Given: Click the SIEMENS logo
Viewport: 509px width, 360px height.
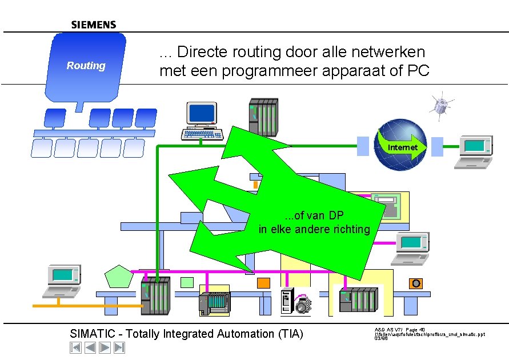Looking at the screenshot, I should (94, 25).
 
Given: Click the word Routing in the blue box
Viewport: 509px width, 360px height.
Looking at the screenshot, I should (86, 66).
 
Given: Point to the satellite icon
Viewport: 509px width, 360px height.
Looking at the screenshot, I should (442, 105).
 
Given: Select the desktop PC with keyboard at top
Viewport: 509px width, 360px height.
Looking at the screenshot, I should (202, 121).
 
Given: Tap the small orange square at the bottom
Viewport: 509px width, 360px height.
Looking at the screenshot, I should (263, 283).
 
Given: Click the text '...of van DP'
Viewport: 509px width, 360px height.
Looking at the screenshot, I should (314, 215).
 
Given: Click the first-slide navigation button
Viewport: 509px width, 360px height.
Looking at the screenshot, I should (75, 347).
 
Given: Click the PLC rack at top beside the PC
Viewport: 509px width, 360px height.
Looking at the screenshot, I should (263, 117).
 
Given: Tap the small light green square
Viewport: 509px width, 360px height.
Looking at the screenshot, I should (187, 282).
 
